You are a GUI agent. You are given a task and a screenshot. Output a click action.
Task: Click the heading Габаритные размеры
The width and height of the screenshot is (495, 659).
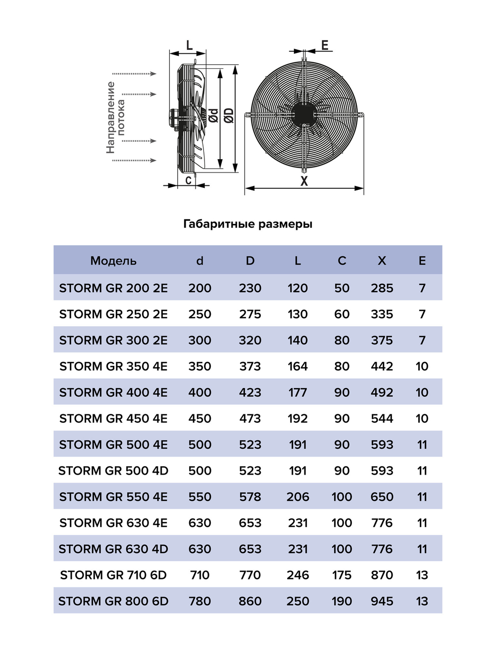click(247, 224)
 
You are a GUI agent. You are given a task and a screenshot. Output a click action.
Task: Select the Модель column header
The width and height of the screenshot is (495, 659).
click(113, 261)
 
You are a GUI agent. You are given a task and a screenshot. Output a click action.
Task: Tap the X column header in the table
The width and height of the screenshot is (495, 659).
click(382, 261)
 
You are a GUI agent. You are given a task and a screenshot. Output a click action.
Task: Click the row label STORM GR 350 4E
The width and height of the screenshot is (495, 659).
click(113, 366)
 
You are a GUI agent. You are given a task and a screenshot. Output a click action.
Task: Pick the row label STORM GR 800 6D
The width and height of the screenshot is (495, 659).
click(113, 601)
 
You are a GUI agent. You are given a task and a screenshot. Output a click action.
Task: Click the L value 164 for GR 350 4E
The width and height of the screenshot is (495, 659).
click(297, 366)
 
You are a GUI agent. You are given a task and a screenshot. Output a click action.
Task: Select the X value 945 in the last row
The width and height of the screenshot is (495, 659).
click(382, 601)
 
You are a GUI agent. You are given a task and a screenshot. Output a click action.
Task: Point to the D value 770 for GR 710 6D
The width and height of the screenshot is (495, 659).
click(250, 575)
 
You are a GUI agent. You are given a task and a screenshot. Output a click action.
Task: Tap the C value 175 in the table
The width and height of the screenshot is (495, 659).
click(342, 575)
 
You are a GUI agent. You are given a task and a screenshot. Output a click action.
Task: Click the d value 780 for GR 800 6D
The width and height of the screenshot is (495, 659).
click(199, 601)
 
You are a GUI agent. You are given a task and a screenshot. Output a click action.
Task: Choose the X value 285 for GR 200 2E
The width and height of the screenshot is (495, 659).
click(382, 288)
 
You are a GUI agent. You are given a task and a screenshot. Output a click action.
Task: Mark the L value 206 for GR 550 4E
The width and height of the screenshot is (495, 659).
click(297, 497)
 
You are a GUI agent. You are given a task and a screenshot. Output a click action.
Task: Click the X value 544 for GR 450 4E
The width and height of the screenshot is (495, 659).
click(382, 419)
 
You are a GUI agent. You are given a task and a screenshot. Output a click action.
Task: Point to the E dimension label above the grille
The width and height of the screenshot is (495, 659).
click(325, 45)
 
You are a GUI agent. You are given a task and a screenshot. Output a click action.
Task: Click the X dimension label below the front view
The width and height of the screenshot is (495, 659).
click(304, 181)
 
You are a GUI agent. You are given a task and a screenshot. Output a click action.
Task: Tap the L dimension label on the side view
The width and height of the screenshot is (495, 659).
click(189, 45)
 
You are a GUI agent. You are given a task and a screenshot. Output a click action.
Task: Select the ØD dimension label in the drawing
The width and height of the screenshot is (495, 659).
click(228, 116)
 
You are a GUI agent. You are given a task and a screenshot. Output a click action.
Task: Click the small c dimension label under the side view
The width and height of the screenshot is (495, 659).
click(188, 180)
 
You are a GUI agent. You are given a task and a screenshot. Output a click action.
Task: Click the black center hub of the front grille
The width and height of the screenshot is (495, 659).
click(303, 114)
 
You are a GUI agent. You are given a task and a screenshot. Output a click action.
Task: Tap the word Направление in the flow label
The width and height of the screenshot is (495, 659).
click(111, 117)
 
